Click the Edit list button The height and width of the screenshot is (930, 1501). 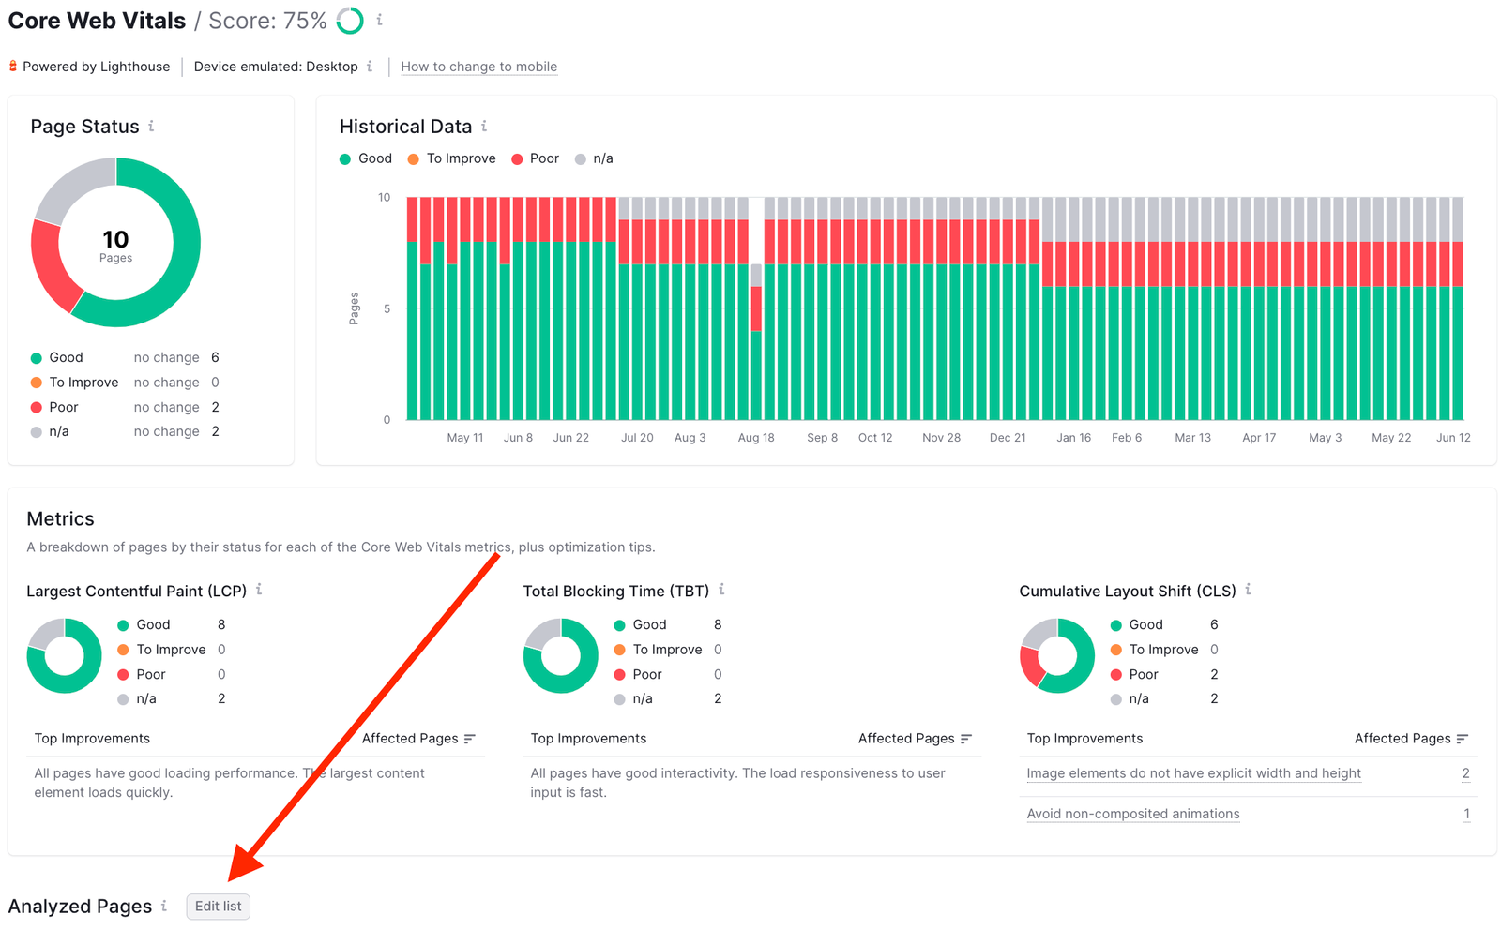click(x=218, y=907)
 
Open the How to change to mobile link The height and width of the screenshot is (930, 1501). click(x=478, y=67)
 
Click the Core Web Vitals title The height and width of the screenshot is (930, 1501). click(x=97, y=21)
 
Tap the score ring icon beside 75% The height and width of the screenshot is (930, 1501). click(x=350, y=21)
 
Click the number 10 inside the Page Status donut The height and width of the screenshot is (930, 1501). click(x=115, y=240)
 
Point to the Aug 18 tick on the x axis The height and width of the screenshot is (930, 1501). click(x=756, y=438)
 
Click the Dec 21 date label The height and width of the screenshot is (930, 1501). click(x=1008, y=438)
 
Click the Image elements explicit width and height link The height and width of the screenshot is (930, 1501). click(x=1193, y=773)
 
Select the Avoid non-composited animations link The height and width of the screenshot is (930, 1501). click(x=1132, y=814)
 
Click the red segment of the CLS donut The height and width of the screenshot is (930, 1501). click(x=1031, y=665)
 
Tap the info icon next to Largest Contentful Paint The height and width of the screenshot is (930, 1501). click(x=259, y=590)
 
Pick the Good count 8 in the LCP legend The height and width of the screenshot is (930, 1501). click(x=221, y=624)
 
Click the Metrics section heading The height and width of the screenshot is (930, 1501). click(x=60, y=519)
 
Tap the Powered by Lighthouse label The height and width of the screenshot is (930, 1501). click(x=96, y=67)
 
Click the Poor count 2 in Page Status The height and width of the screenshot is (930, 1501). click(x=216, y=407)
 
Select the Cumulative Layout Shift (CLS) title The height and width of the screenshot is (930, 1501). click(x=1127, y=592)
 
